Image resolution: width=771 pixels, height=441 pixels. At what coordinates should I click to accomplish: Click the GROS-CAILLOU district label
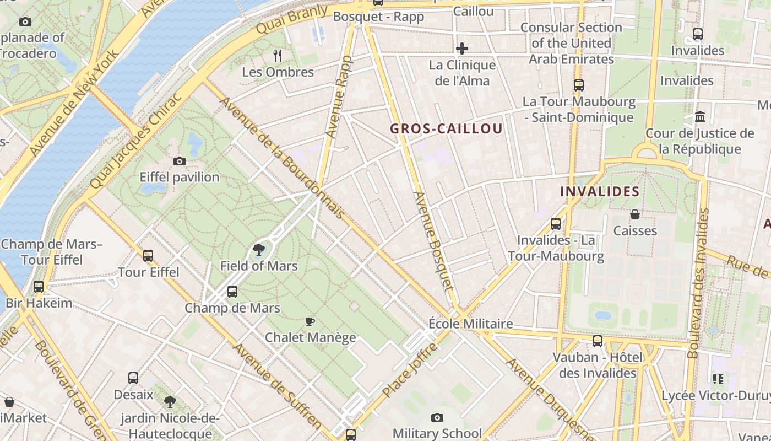[446, 129]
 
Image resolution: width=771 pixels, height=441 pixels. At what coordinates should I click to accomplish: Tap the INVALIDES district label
[599, 192]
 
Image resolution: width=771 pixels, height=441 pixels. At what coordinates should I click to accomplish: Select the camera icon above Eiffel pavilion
[180, 162]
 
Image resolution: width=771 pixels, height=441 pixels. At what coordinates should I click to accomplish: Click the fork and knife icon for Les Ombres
[278, 55]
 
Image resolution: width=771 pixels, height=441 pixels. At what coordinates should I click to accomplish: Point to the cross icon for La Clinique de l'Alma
[461, 49]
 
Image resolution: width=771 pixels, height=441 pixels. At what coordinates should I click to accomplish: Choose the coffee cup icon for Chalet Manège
[310, 321]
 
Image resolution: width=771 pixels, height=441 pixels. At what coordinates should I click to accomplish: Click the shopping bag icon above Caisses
[634, 214]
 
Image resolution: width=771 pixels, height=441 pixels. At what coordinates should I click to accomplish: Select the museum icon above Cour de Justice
[700, 117]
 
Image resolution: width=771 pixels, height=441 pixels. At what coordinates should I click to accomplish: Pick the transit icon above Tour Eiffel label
[148, 256]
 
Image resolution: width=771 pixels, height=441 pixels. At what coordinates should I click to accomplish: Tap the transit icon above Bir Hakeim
[38, 287]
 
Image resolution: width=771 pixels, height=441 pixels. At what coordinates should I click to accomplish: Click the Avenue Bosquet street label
[433, 241]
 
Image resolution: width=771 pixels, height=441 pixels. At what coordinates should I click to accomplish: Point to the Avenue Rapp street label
[338, 97]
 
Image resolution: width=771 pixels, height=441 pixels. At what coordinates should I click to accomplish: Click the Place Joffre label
[410, 370]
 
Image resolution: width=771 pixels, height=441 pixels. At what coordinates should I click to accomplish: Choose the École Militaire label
[471, 324]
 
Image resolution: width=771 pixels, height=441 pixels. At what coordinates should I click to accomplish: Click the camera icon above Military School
[437, 418]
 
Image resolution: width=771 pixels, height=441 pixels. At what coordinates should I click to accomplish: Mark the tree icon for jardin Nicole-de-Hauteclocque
[170, 401]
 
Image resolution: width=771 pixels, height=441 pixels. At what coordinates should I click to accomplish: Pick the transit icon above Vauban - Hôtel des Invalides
[598, 341]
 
